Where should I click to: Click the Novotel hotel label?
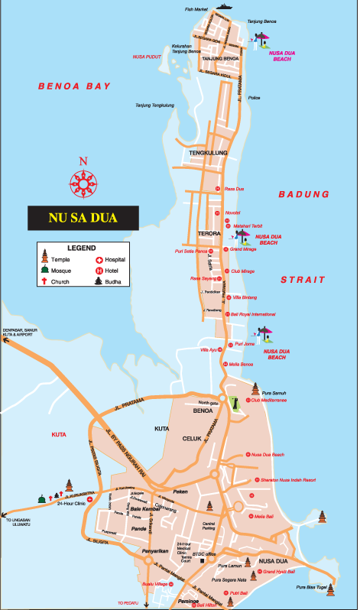coord(232,212)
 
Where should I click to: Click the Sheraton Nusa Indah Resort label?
coord(289,480)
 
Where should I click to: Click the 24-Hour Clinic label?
coord(71,504)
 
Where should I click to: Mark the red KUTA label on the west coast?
coord(59,434)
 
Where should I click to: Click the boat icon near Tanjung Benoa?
coord(225,6)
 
